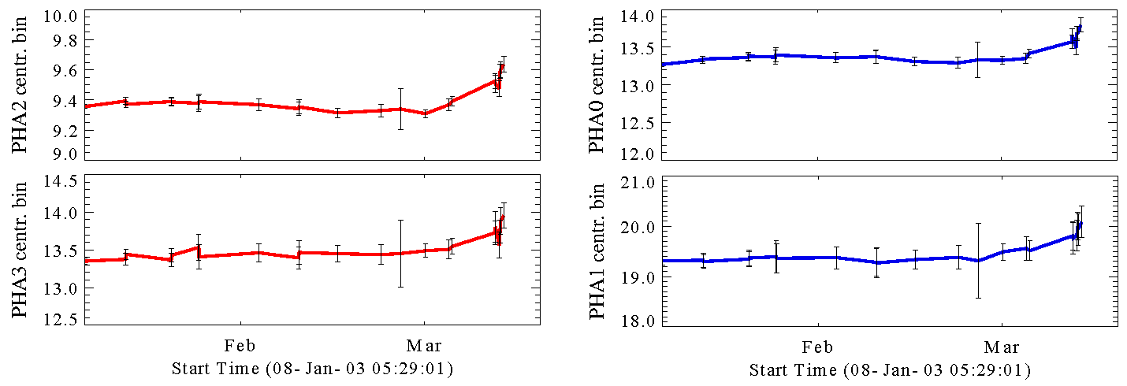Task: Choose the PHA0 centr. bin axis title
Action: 598,85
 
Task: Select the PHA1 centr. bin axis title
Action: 598,251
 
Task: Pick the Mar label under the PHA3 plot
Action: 424,346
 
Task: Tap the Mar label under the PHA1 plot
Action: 1002,346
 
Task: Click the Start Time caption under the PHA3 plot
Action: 312,369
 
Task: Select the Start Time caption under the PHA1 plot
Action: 890,369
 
